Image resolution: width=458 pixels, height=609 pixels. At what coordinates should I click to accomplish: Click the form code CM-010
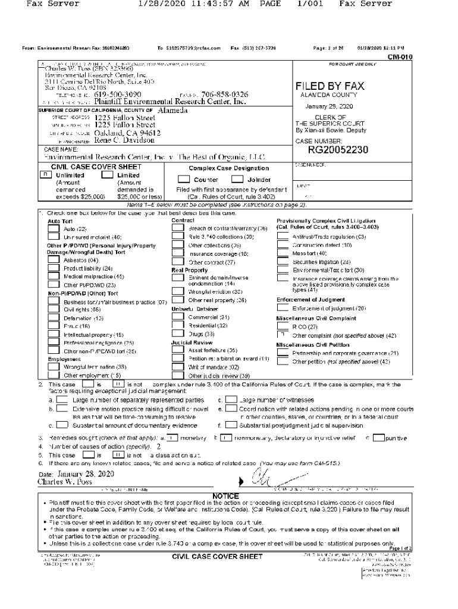click(400, 57)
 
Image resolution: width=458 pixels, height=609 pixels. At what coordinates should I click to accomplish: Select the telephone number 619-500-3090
click(118, 95)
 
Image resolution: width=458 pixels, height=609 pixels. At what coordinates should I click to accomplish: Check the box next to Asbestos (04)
click(54, 260)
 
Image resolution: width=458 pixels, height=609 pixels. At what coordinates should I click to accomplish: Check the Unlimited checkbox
click(45, 175)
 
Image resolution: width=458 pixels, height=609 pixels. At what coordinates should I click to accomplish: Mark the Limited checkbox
click(107, 175)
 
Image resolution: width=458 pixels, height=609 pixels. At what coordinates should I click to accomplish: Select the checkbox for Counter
click(184, 179)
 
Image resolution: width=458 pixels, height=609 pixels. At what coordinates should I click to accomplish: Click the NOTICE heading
click(225, 496)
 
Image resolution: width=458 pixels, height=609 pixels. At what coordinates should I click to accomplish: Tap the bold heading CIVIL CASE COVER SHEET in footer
click(217, 557)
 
